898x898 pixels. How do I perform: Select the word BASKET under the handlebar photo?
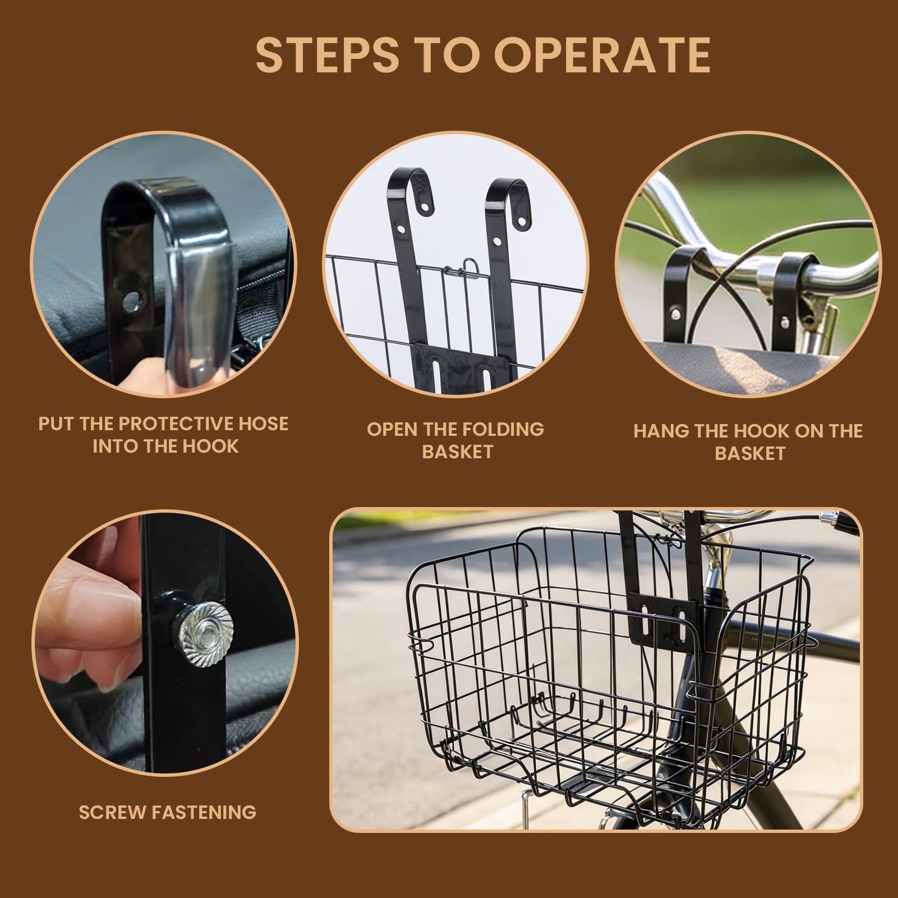click(x=749, y=453)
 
